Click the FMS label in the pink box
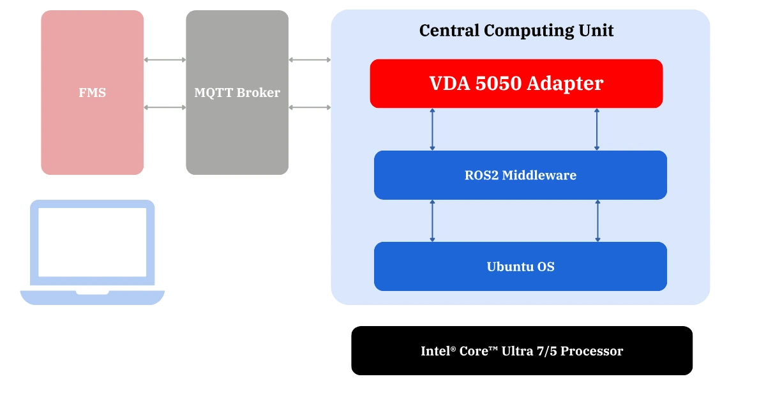point(93,93)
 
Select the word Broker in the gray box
point(259,93)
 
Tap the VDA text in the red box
point(449,84)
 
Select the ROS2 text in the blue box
point(481,175)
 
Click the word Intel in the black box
point(436,351)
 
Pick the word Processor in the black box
point(592,351)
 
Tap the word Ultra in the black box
point(519,351)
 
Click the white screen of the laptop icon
point(93,241)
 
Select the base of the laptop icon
point(93,297)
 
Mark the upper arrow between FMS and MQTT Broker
point(165,60)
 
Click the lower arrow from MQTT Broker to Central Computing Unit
point(310,107)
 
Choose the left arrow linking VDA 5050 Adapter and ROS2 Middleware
point(433,129)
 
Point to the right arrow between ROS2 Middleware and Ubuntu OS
point(598,220)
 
